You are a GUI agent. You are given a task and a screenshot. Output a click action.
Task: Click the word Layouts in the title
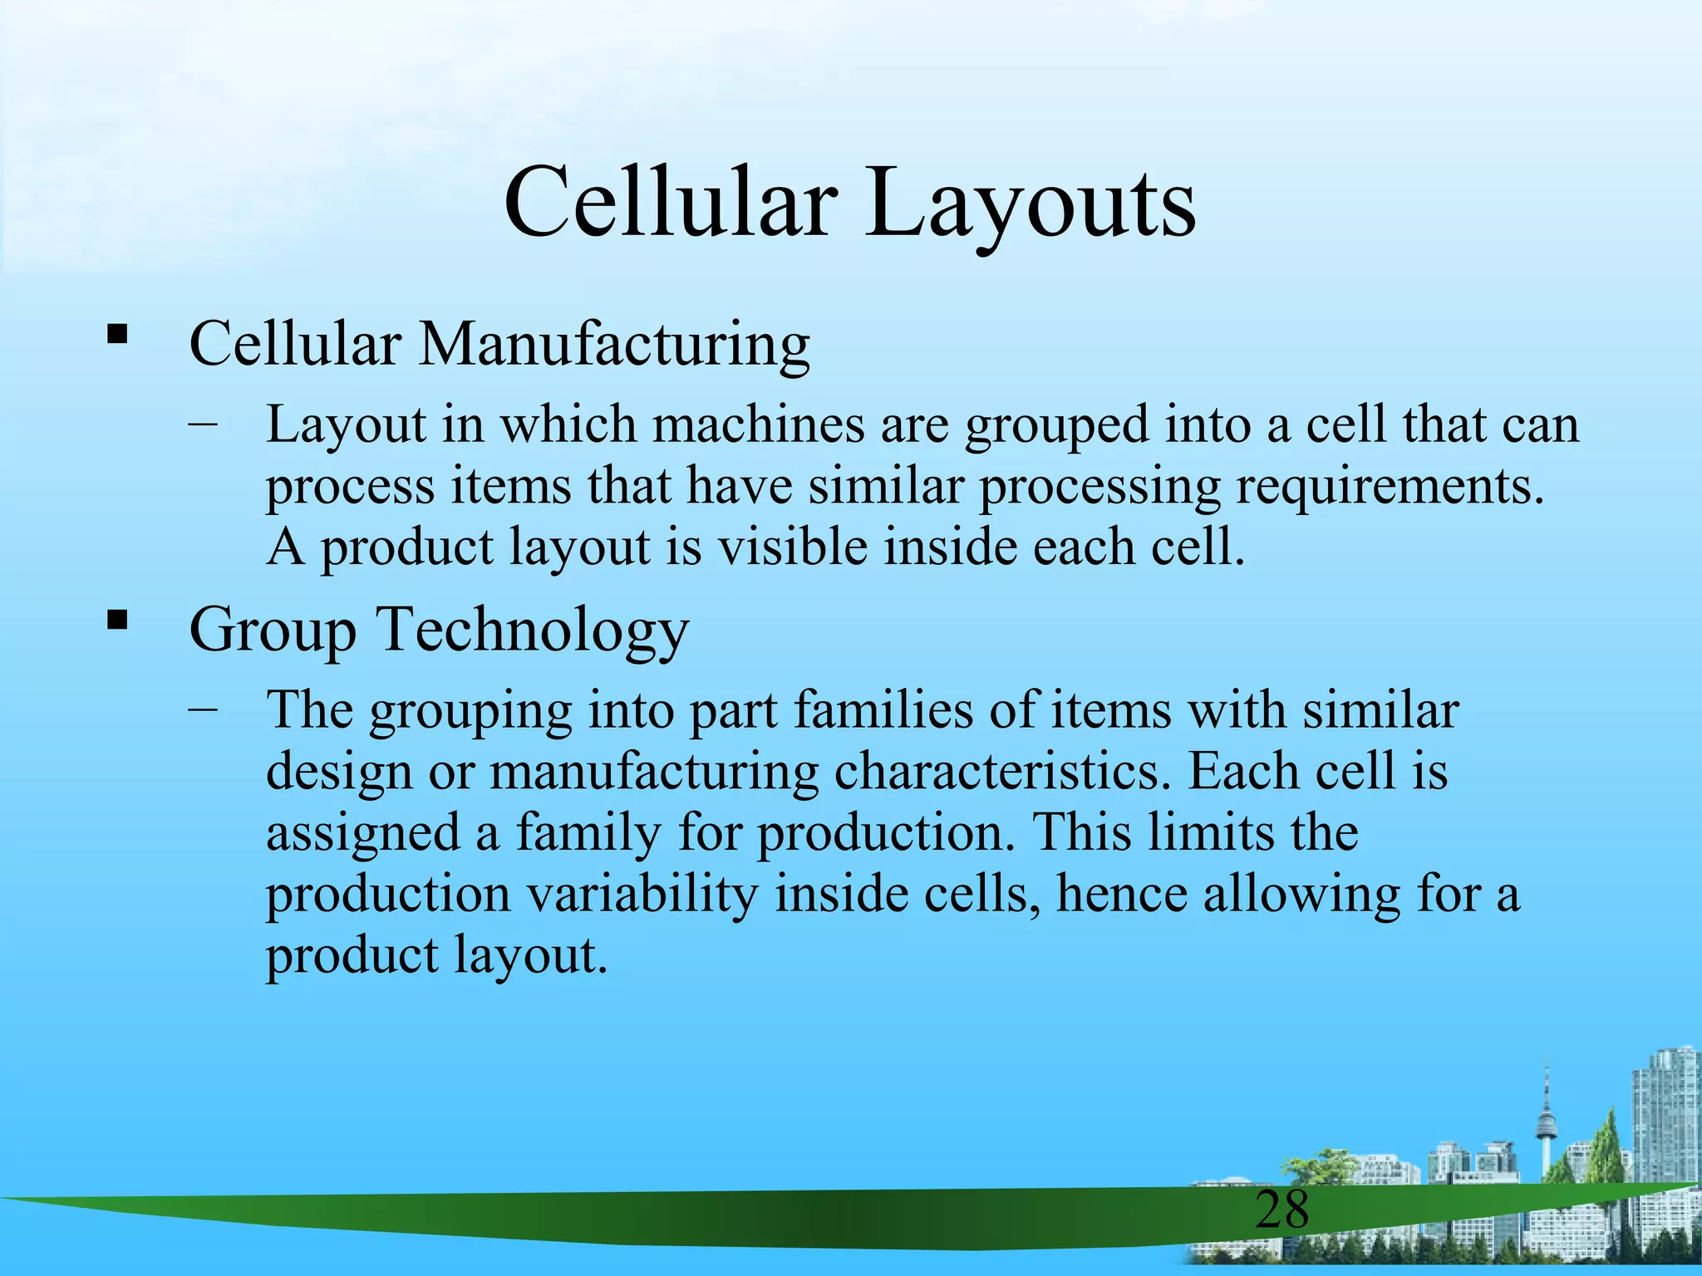pyautogui.click(x=1030, y=204)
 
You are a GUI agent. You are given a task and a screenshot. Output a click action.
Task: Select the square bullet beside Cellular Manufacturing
pyautogui.click(x=117, y=335)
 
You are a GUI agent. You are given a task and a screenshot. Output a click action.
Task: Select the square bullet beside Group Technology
pyautogui.click(x=117, y=620)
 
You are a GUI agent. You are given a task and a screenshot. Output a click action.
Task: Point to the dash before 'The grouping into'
pyautogui.click(x=203, y=709)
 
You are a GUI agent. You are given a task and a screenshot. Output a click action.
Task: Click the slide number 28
pyautogui.click(x=1281, y=1210)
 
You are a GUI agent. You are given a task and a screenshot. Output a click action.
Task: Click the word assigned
pyautogui.click(x=363, y=833)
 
